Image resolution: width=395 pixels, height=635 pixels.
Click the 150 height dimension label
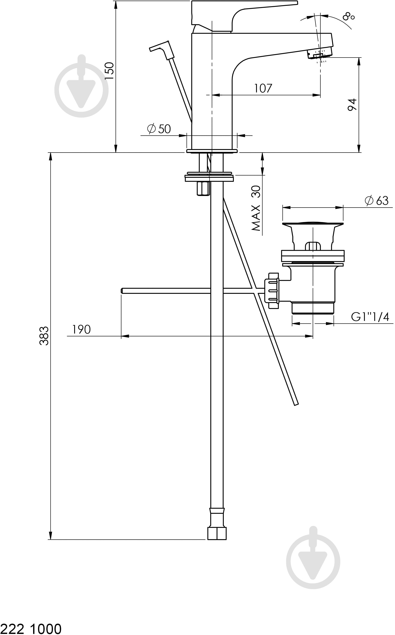tap(109, 71)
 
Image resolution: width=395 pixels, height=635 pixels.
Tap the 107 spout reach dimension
tap(263, 88)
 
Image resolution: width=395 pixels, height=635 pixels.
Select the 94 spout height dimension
tap(352, 105)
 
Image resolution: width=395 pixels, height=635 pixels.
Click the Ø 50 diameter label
tap(159, 129)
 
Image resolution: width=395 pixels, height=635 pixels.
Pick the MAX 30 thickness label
tap(256, 208)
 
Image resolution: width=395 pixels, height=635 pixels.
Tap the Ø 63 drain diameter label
tap(376, 200)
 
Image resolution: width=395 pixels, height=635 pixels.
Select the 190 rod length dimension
tap(81, 330)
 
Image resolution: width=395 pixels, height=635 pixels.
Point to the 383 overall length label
tap(44, 336)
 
